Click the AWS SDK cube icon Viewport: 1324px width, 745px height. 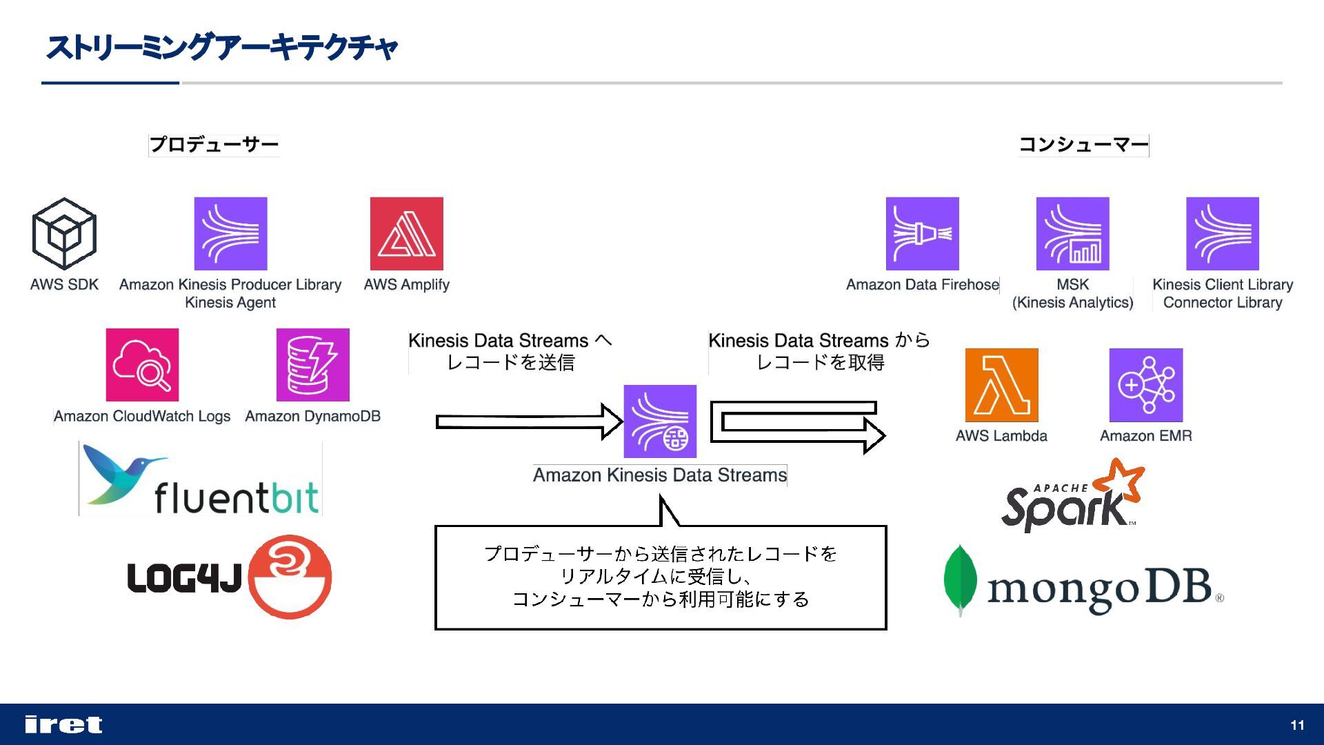tap(64, 234)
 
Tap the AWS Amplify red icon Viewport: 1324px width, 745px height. tap(406, 234)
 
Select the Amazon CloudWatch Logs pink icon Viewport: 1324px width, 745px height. tap(142, 365)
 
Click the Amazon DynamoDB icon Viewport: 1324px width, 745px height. tap(312, 365)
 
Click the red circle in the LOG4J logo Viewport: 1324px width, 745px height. tap(290, 577)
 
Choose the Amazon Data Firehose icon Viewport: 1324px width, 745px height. tap(922, 234)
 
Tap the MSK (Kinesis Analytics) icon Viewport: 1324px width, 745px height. tap(1072, 234)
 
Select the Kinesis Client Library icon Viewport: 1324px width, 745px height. tap(1222, 234)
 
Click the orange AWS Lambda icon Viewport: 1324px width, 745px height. tap(1001, 385)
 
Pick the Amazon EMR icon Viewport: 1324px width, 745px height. tap(1145, 385)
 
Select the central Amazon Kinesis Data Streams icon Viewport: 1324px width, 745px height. tap(660, 421)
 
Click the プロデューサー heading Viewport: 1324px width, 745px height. tap(214, 145)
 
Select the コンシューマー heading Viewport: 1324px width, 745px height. tap(1083, 145)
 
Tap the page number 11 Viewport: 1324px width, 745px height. tap(1297, 725)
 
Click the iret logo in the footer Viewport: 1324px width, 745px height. tap(63, 724)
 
